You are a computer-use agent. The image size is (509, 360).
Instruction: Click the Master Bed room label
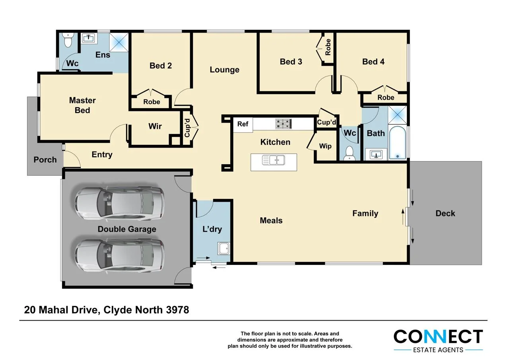(x=82, y=105)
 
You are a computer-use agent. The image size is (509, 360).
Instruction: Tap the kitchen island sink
(x=274, y=160)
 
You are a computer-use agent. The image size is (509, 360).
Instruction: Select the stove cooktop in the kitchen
(x=283, y=124)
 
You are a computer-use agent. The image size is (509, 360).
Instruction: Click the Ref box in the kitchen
(x=243, y=124)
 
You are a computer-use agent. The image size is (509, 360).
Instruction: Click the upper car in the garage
(x=119, y=203)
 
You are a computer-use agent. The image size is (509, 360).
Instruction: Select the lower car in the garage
(x=119, y=256)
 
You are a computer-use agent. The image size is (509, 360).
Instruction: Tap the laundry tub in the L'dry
(x=223, y=249)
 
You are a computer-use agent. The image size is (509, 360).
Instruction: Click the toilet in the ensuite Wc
(x=68, y=40)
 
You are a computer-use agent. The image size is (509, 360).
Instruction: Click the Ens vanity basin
(x=88, y=39)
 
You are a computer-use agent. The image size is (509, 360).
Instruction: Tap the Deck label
(x=445, y=213)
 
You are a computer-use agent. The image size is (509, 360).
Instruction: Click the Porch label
(x=45, y=160)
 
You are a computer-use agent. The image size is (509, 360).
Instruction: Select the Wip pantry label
(x=325, y=146)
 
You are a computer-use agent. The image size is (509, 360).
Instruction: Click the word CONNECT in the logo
(x=438, y=337)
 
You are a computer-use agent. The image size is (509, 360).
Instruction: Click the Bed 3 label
(x=291, y=61)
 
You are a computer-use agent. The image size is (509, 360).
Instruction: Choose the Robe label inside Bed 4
(x=386, y=97)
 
